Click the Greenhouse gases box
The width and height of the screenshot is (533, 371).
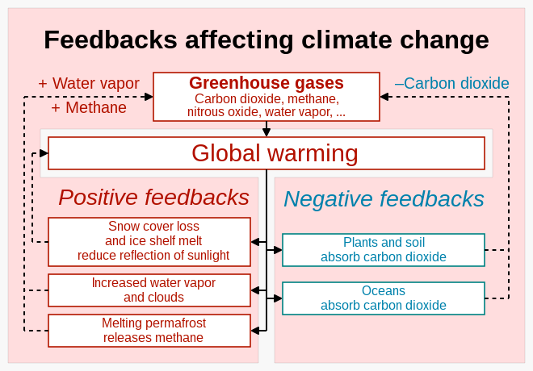(266, 97)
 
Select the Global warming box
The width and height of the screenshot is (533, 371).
(266, 153)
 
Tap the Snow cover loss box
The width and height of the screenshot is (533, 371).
(149, 242)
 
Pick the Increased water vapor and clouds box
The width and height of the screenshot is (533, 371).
(149, 290)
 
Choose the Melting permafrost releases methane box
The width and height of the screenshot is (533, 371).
(149, 331)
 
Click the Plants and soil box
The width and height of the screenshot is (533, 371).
(384, 250)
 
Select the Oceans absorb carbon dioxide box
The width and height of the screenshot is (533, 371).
(384, 298)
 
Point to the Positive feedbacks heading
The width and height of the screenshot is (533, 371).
(154, 198)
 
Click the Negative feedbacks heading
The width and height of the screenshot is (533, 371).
(384, 199)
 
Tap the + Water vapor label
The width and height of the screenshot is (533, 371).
(89, 84)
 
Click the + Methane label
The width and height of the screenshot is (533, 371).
(89, 107)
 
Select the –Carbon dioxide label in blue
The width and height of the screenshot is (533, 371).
(452, 84)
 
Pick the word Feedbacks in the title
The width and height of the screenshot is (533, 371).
(111, 40)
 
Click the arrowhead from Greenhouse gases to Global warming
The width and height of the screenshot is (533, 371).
(266, 132)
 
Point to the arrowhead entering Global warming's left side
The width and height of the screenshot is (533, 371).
(44, 153)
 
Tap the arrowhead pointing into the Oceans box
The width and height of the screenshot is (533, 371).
(278, 298)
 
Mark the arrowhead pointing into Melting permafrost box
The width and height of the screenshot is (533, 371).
(255, 331)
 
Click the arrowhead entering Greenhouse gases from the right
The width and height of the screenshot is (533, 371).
(384, 97)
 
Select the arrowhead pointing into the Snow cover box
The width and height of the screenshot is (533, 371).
(255, 242)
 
